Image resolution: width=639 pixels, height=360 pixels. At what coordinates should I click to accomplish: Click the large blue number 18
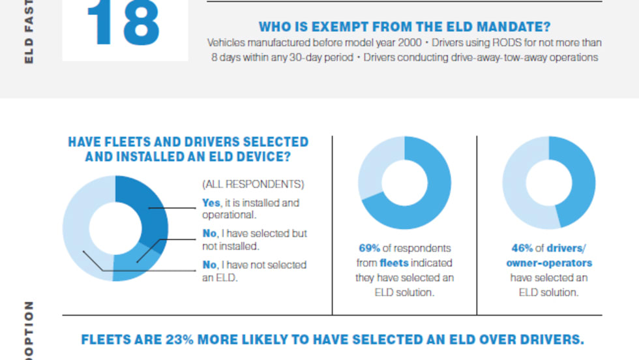pyautogui.click(x=123, y=25)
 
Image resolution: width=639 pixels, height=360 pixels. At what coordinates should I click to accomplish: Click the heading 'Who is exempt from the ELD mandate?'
pyautogui.click(x=404, y=27)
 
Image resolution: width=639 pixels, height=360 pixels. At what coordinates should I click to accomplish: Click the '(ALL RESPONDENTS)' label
pyautogui.click(x=253, y=185)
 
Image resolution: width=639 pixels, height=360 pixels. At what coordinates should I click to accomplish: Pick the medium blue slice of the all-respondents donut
pyautogui.click(x=134, y=264)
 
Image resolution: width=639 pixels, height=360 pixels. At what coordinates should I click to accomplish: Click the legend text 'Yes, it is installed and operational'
pyautogui.click(x=250, y=208)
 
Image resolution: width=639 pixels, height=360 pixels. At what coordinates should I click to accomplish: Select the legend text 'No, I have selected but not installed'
pyautogui.click(x=254, y=239)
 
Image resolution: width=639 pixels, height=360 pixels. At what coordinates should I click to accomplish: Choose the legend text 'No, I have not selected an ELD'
pyautogui.click(x=254, y=271)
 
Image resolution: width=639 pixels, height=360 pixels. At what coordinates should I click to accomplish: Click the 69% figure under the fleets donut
pyautogui.click(x=369, y=248)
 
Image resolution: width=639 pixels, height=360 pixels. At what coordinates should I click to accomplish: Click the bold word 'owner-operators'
pyautogui.click(x=549, y=263)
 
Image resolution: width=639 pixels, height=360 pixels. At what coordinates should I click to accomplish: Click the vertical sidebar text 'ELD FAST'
pyautogui.click(x=29, y=33)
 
